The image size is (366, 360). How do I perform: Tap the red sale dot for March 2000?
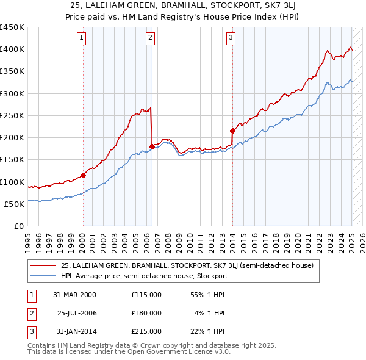tap(83, 175)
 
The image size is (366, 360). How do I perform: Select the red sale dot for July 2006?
tap(152, 146)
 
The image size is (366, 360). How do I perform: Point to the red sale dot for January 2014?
tap(232, 130)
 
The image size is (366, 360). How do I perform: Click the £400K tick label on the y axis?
tap(12, 49)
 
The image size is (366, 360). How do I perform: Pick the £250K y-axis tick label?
tap(12, 115)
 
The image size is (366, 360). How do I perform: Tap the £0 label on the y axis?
tap(18, 226)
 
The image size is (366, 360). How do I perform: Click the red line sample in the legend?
tap(43, 265)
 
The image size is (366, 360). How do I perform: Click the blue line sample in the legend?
tap(43, 276)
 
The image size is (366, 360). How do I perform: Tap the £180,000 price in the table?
tap(146, 313)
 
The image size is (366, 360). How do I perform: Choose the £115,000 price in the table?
tap(146, 295)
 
